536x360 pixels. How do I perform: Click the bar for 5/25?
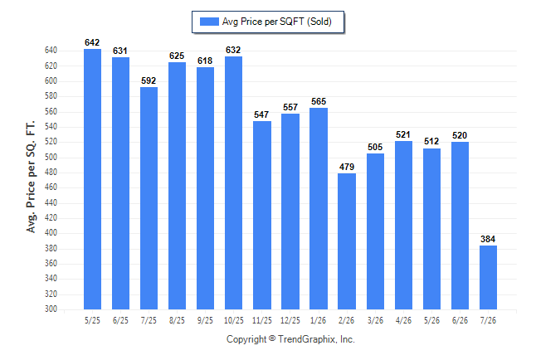(x=92, y=179)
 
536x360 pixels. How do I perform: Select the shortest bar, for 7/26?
(x=488, y=277)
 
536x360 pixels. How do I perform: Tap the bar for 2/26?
(x=347, y=241)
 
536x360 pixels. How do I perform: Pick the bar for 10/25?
(x=233, y=183)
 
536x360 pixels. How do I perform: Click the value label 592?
(x=149, y=80)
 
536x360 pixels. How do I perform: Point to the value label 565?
(x=319, y=101)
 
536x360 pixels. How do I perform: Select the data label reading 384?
(x=488, y=239)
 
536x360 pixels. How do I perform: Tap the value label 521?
(x=403, y=134)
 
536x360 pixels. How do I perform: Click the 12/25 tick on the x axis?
(x=290, y=320)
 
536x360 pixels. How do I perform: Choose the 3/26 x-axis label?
(x=375, y=320)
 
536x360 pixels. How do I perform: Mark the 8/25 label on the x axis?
(x=177, y=320)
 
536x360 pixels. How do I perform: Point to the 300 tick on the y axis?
(x=51, y=309)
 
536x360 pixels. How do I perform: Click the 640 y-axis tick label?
(x=51, y=51)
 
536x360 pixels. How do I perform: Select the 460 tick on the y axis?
(x=51, y=187)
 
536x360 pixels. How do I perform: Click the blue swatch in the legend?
(x=209, y=22)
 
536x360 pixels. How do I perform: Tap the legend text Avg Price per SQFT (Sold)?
(x=277, y=22)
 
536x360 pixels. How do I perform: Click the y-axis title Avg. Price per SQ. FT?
(x=31, y=177)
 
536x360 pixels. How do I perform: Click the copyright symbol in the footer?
(x=272, y=338)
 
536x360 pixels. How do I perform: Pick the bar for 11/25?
(x=262, y=215)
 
